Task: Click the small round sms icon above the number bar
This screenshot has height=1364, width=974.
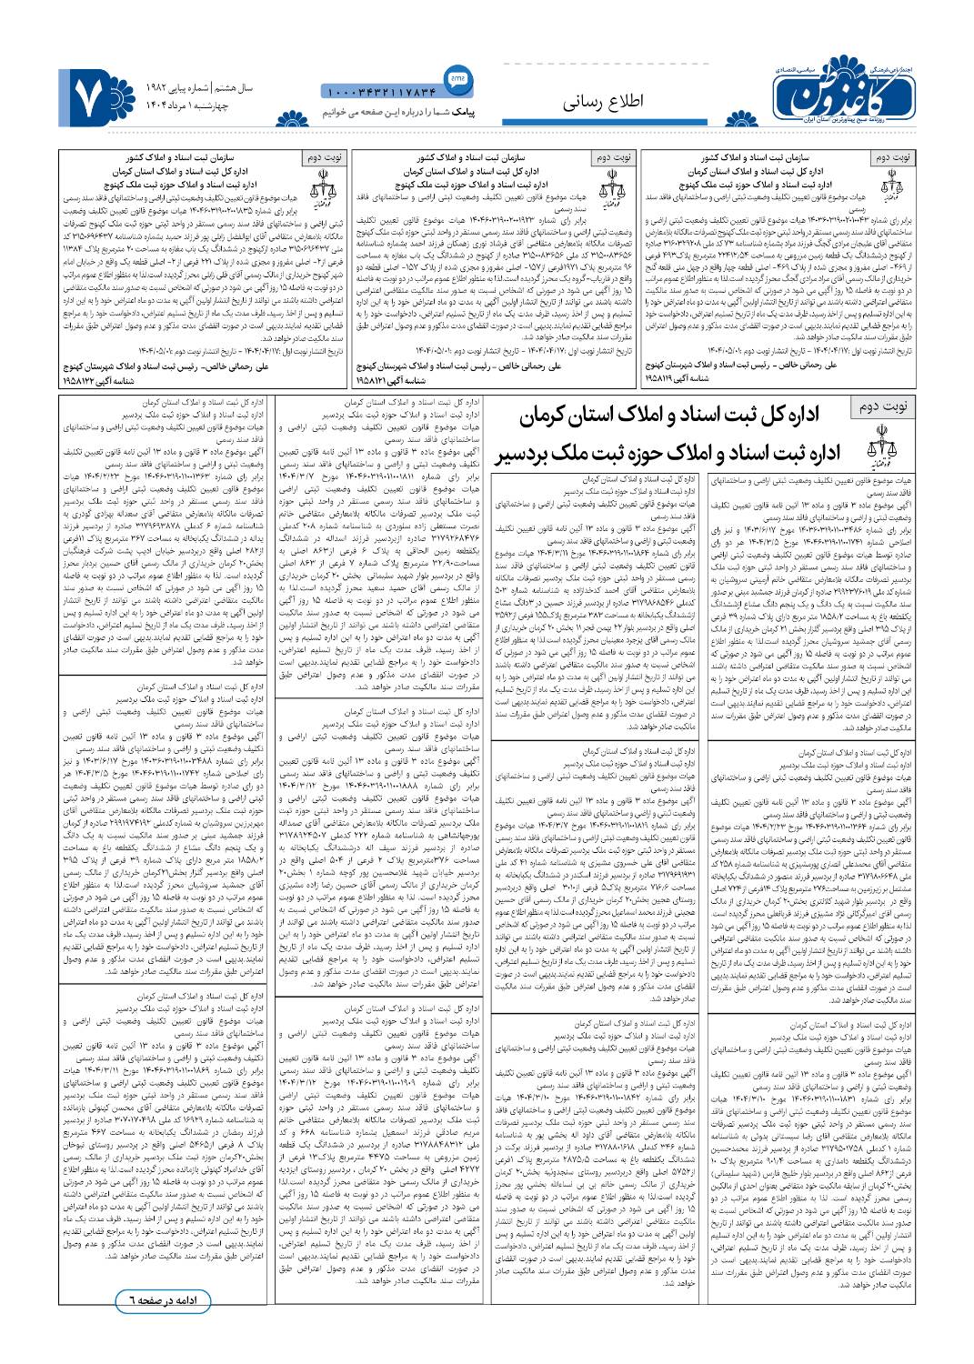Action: (457, 76)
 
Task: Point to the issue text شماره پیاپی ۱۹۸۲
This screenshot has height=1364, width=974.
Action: (178, 88)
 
